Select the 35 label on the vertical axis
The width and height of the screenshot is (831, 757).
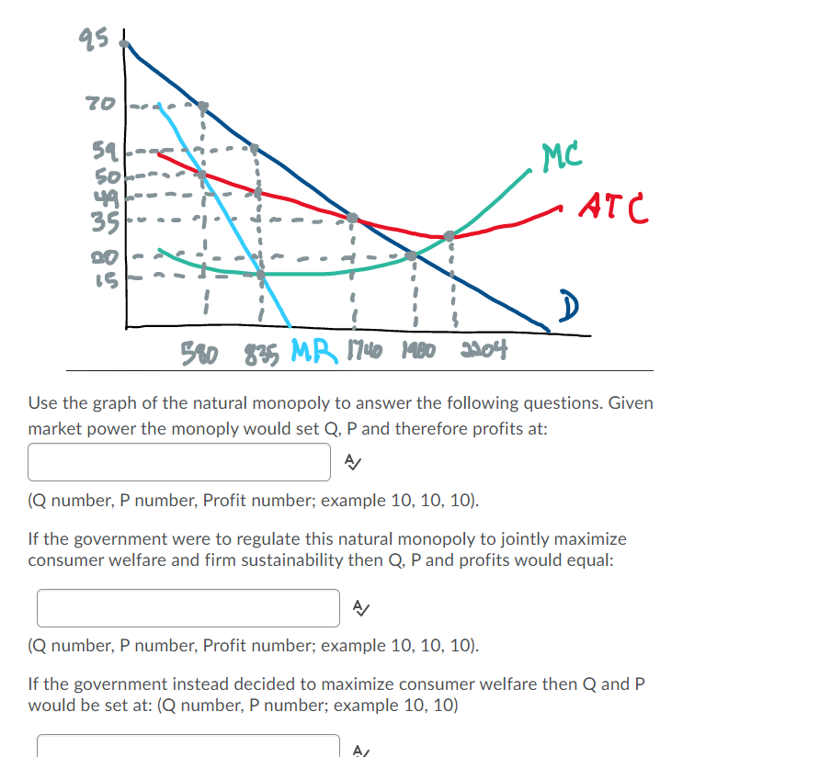pos(100,196)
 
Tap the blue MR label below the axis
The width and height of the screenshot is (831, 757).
pos(314,350)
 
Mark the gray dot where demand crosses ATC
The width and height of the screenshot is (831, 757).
pos(351,218)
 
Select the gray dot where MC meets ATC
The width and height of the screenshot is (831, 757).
pos(450,236)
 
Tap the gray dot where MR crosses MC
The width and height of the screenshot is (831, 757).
pos(261,274)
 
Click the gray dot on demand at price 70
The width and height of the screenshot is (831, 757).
pos(203,107)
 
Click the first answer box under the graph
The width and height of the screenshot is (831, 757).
pos(179,462)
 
